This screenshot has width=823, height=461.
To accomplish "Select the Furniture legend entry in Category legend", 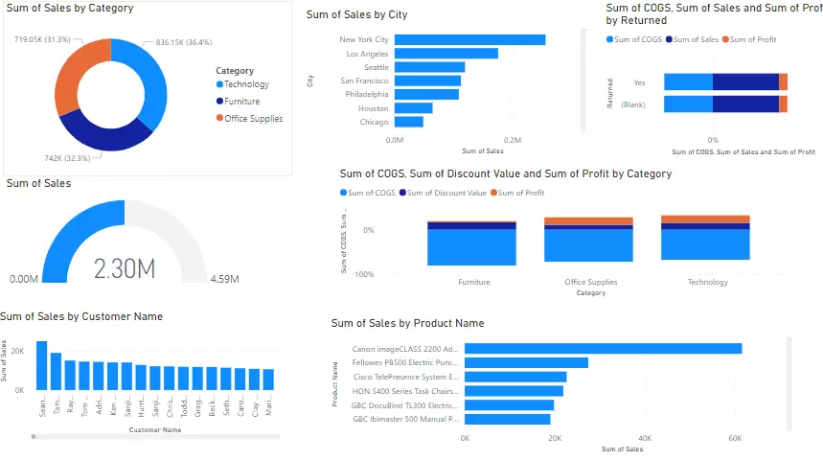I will coord(241,102).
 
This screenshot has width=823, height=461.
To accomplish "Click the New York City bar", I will coord(469,40).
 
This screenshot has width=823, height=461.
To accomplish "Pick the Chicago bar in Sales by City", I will coord(409,122).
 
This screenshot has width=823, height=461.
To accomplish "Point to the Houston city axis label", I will coord(373,108).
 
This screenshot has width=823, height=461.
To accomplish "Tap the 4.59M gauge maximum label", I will coord(224,280).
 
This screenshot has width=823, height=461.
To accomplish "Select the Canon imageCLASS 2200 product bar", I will coord(603,349).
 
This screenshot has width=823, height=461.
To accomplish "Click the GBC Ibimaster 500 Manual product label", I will coord(406,419).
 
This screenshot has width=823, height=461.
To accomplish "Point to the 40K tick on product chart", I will coord(645,439).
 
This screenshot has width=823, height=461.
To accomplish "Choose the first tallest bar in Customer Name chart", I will coord(42,365).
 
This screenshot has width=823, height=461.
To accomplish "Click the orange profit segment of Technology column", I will coord(705,219).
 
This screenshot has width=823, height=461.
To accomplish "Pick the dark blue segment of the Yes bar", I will coord(745,82).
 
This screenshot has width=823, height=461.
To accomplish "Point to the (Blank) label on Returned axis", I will coord(632,104).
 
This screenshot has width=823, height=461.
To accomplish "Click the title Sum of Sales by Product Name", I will coord(407,324).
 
